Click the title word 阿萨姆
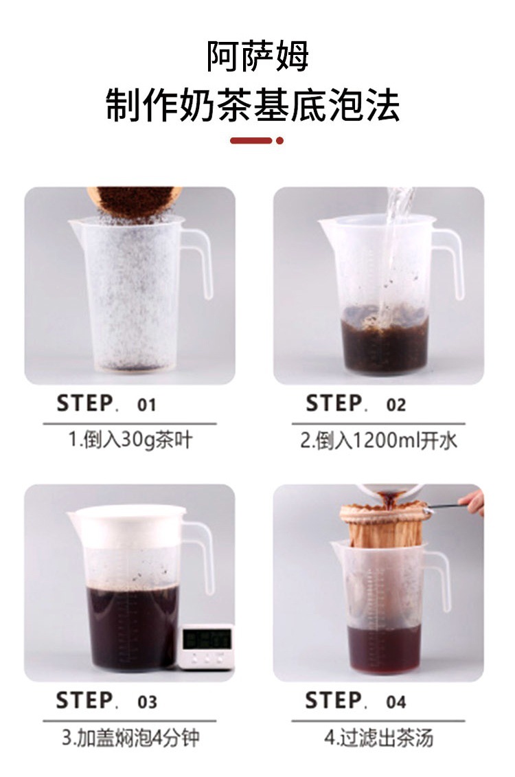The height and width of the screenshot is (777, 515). (257, 56)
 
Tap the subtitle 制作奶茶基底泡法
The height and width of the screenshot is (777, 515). (253, 104)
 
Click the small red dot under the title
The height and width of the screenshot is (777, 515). (279, 141)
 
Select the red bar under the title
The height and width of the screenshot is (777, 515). (251, 141)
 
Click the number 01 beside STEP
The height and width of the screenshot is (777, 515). (146, 405)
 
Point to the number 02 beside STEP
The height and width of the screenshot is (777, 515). (396, 405)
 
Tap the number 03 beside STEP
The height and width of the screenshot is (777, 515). (147, 701)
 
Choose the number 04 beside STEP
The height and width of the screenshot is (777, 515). (396, 701)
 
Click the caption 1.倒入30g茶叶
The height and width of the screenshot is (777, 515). (130, 440)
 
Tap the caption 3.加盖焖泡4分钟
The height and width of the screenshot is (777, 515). (130, 737)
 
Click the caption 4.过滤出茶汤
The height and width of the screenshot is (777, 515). (379, 737)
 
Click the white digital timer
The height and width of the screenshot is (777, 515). (206, 646)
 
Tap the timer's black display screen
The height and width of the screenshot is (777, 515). (207, 639)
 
